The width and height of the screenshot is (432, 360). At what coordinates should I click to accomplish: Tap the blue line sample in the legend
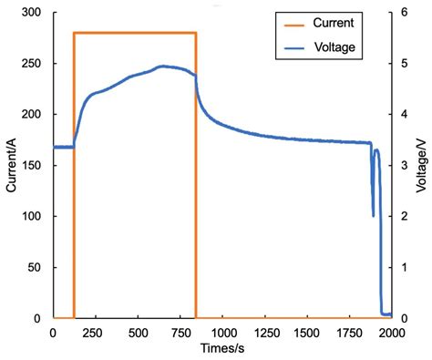292,45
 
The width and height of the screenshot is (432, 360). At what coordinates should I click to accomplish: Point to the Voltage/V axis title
422,164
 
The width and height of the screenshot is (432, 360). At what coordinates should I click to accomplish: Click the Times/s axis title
221,349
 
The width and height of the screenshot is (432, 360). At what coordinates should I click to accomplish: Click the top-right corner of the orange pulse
196,33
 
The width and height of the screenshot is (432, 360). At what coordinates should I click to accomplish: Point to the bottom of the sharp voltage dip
374,216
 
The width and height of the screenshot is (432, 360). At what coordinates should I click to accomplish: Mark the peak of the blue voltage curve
162,66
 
